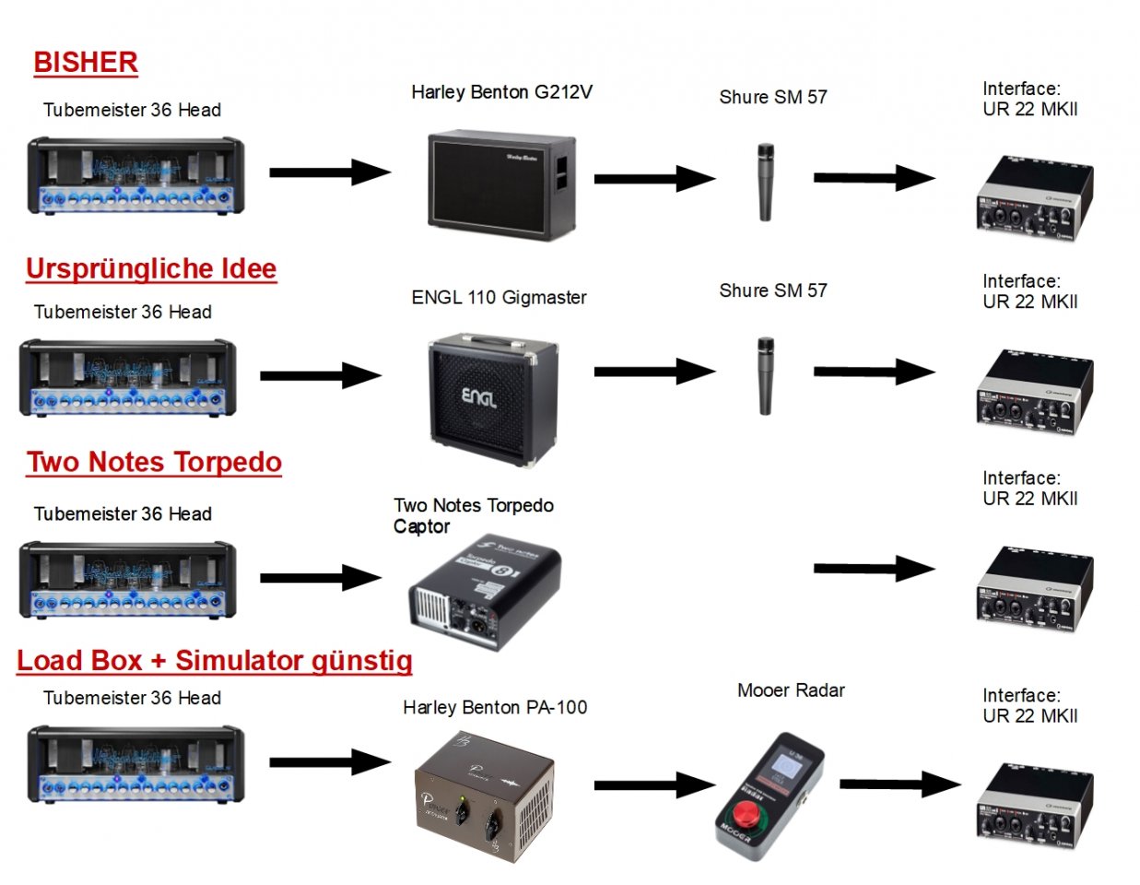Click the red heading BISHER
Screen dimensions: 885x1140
[86, 63]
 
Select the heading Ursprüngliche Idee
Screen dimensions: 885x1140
[151, 269]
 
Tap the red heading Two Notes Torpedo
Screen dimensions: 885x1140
[154, 463]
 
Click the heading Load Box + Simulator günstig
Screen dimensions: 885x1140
[215, 661]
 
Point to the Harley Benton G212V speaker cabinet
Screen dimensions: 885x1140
[500, 185]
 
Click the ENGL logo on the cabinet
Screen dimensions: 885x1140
[478, 397]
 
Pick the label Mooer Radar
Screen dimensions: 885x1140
[791, 690]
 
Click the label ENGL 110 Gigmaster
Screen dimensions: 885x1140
[499, 298]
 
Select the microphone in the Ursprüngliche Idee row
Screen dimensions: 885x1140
[765, 376]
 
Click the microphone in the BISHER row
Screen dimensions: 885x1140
[765, 182]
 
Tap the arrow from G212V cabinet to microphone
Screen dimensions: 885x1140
[653, 178]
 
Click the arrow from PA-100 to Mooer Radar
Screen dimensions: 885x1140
[653, 785]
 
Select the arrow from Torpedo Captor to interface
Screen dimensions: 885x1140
[873, 569]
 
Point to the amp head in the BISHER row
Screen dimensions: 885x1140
[136, 175]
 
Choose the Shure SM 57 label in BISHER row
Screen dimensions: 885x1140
[773, 98]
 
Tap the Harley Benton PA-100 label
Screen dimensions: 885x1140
[495, 708]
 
